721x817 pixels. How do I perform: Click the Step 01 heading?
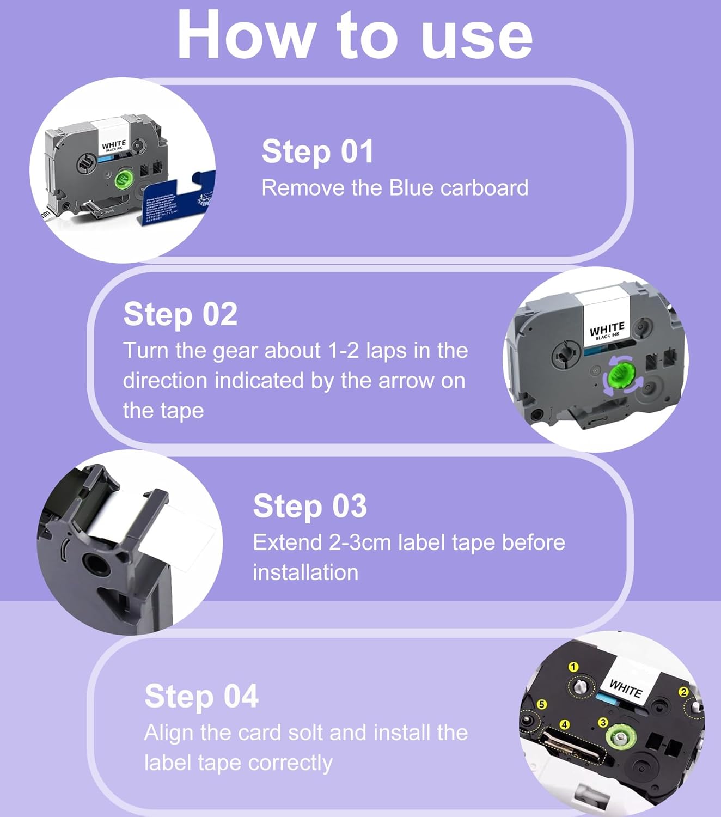pos(317,151)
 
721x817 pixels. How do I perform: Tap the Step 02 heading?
pos(180,314)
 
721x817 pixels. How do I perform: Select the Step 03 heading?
pos(310,506)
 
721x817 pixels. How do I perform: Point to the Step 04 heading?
pos(201,696)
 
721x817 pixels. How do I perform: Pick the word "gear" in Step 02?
pos(235,351)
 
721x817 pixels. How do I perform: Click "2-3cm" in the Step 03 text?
pos(360,542)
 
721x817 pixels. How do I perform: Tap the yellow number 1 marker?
pos(573,667)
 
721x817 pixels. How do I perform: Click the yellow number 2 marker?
pos(683,692)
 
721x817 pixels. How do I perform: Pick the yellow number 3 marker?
pos(603,722)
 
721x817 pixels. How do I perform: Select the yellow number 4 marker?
pos(565,724)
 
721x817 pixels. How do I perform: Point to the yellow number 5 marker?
pos(542,704)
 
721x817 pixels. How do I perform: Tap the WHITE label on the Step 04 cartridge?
pos(626,687)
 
